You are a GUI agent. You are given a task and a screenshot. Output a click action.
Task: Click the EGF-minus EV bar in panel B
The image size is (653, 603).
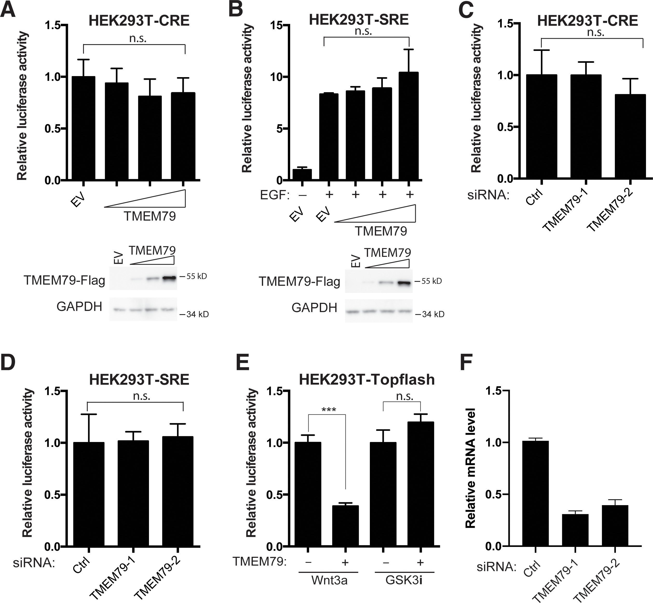point(302,175)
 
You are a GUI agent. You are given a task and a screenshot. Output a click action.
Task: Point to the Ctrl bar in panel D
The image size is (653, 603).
point(89,494)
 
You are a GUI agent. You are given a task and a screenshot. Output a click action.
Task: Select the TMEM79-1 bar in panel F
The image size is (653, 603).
point(575,530)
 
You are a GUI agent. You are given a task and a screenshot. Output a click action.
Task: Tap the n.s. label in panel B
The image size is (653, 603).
point(363,31)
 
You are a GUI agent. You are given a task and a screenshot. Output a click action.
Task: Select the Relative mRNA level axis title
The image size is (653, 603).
point(470,468)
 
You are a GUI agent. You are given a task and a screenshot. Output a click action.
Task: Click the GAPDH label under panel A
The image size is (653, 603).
point(79,307)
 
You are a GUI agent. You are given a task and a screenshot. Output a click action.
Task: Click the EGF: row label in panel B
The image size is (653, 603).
point(275,195)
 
